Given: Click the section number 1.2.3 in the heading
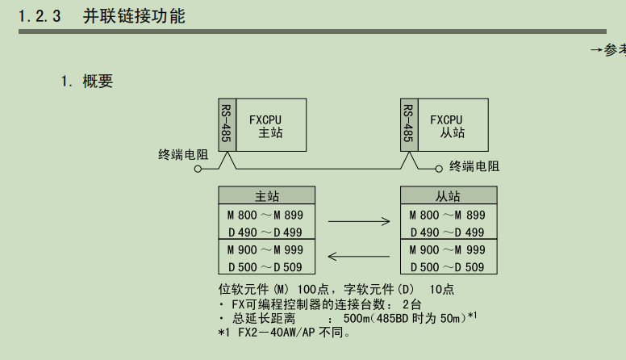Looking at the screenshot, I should click(40, 15).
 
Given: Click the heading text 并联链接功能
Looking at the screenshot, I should click(134, 15).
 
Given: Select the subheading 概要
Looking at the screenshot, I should click(98, 81).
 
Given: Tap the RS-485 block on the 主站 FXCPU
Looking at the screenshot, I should click(226, 125).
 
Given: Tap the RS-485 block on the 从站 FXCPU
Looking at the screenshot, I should click(408, 125).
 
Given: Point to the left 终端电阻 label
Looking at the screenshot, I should click(183, 154).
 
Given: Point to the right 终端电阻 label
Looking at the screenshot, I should click(474, 166).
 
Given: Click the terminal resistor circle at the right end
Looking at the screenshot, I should click(439, 169).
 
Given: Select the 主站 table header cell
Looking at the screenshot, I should click(267, 196).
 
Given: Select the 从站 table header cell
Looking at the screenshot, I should click(448, 196).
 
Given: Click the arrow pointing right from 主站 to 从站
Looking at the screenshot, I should click(358, 220).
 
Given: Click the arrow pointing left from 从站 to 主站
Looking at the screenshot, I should click(358, 257).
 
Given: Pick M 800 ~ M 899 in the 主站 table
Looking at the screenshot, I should click(265, 216).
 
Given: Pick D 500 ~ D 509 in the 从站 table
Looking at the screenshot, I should click(447, 267).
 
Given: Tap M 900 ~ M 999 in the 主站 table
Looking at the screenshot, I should click(265, 250).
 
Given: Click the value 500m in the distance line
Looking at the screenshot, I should click(358, 318).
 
